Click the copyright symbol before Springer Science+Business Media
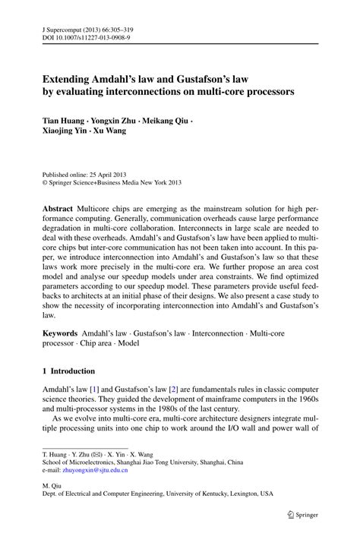pos(45,182)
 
